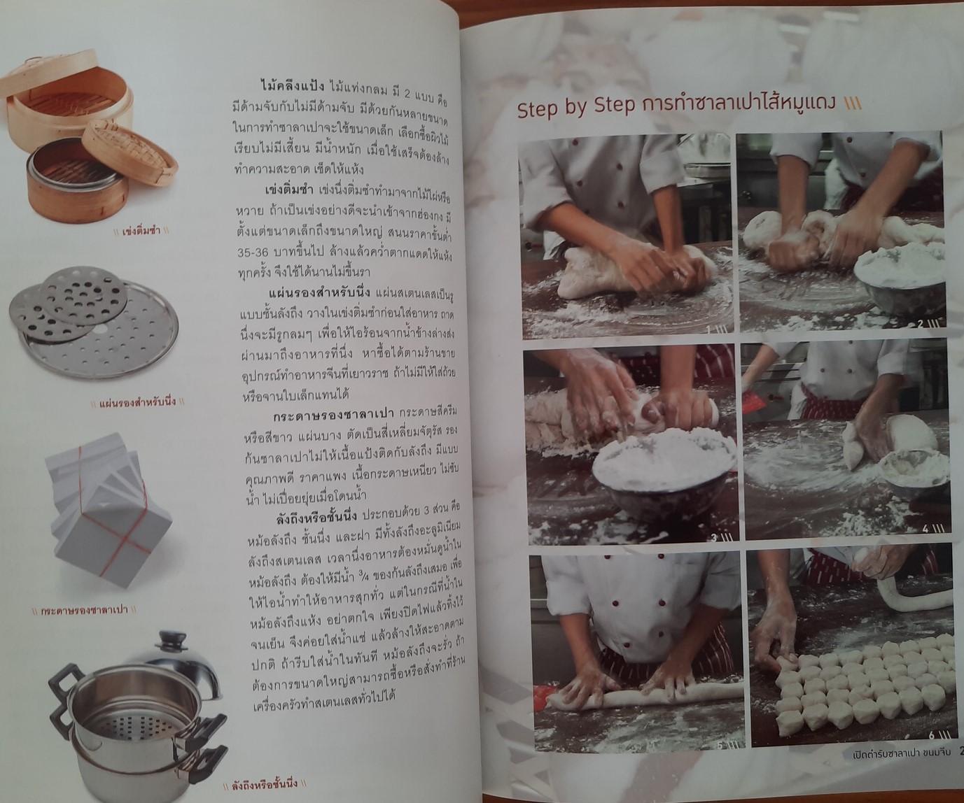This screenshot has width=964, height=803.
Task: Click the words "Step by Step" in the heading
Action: tap(576, 109)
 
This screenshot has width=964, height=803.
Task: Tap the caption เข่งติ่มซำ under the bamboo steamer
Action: tap(141, 231)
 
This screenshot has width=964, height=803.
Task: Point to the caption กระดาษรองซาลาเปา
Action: tap(85, 611)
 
